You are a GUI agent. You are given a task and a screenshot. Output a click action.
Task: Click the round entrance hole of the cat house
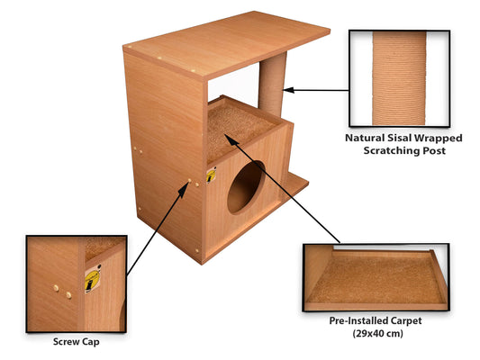click(246, 187)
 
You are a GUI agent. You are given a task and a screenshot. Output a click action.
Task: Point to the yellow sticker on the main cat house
click(211, 175)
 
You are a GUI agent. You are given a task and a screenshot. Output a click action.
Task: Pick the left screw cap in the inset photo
click(57, 289)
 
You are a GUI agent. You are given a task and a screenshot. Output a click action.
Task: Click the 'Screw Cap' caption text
click(76, 342)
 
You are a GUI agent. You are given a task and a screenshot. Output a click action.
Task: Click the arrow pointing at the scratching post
click(315, 90)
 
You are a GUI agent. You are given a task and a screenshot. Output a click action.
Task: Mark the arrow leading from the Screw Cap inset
click(158, 229)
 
